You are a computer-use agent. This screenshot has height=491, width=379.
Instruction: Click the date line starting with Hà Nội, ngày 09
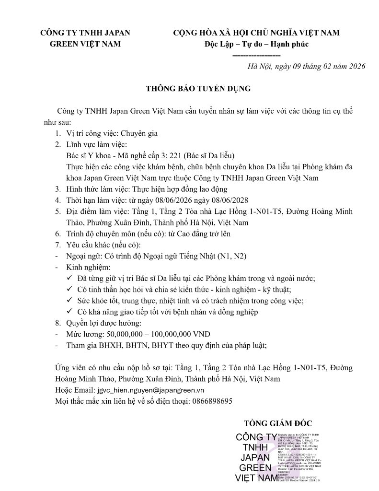coord(306,67)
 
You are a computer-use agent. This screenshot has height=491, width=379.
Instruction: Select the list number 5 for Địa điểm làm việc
coord(57,211)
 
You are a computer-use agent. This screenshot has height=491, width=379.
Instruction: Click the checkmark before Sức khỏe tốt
coord(69,301)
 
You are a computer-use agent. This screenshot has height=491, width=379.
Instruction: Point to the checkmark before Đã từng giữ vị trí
coord(69,278)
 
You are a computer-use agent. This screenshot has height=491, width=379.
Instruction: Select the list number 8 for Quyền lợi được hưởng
coord(57,323)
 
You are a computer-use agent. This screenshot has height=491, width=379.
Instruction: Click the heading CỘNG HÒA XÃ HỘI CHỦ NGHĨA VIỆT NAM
coord(256,33)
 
